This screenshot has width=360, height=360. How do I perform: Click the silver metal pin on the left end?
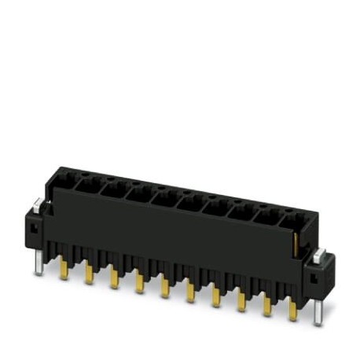tap(39, 263)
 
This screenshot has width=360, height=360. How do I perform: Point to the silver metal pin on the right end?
tap(317, 313)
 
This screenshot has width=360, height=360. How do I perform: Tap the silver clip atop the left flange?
tap(37, 208)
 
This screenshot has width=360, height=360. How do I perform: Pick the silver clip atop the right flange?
tap(319, 255)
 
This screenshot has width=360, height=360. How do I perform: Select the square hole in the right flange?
tap(314, 276)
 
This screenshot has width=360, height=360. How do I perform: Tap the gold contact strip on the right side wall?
tap(297, 240)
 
